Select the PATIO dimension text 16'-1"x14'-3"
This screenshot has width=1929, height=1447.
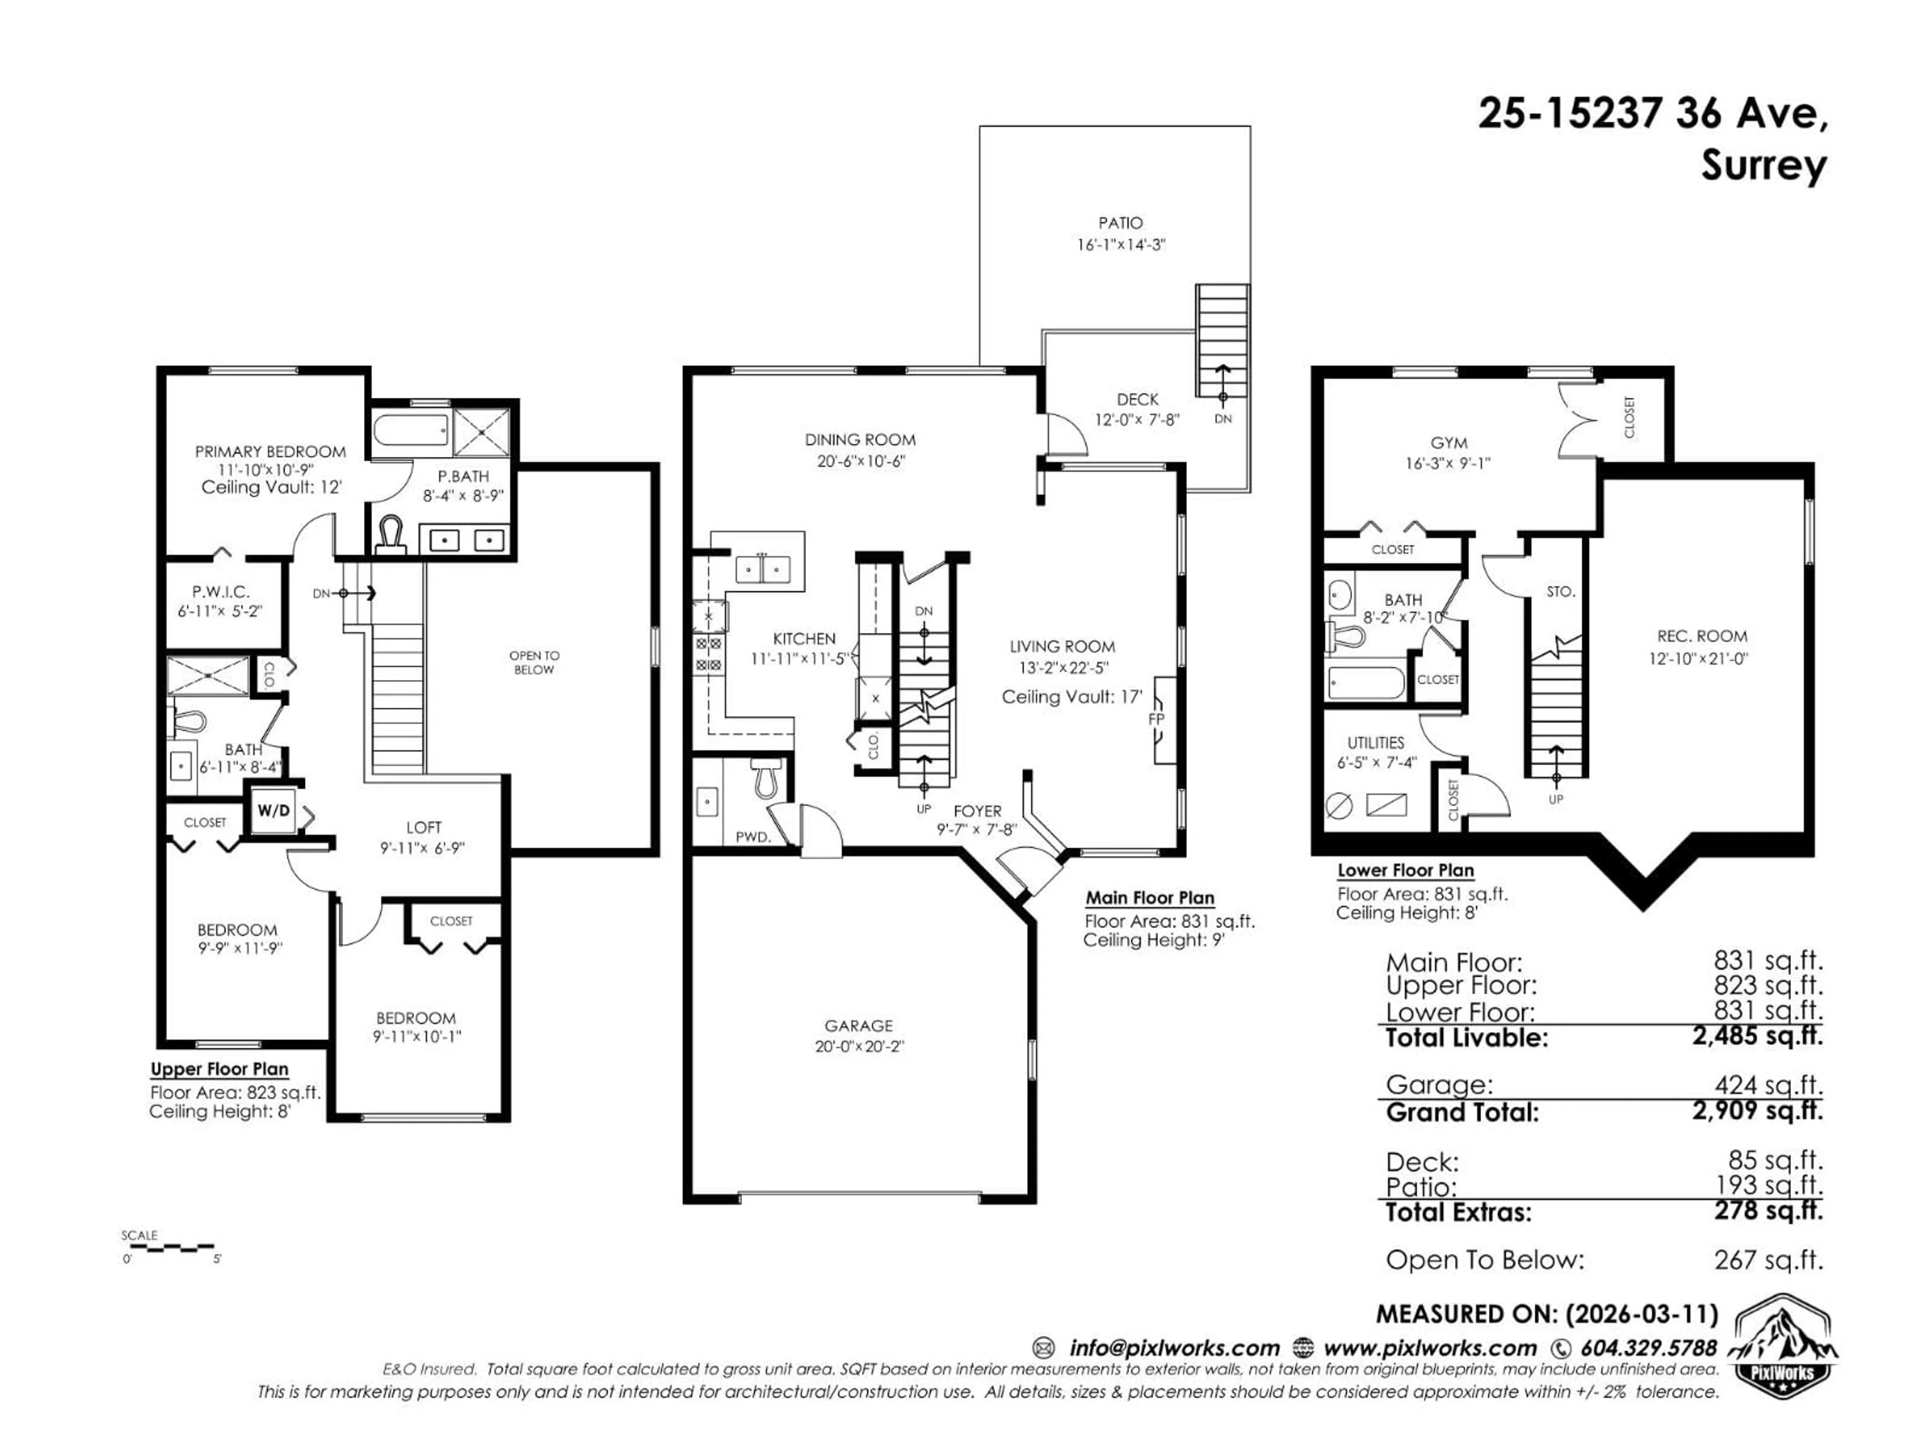(x=1121, y=245)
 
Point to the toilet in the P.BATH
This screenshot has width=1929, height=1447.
(x=391, y=533)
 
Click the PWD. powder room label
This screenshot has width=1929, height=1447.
(x=753, y=837)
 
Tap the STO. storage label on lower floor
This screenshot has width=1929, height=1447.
(x=1560, y=591)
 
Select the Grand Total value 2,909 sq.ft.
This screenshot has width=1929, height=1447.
(x=1757, y=1110)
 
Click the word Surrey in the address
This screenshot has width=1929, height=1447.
(x=1763, y=166)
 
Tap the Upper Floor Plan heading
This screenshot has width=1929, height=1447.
(x=219, y=1069)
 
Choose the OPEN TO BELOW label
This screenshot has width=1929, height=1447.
(x=533, y=662)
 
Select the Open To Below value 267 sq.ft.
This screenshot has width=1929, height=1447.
(x=1768, y=1260)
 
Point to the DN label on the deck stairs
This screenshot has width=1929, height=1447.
(x=1223, y=419)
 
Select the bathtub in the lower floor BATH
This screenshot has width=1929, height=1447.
(x=1366, y=683)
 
